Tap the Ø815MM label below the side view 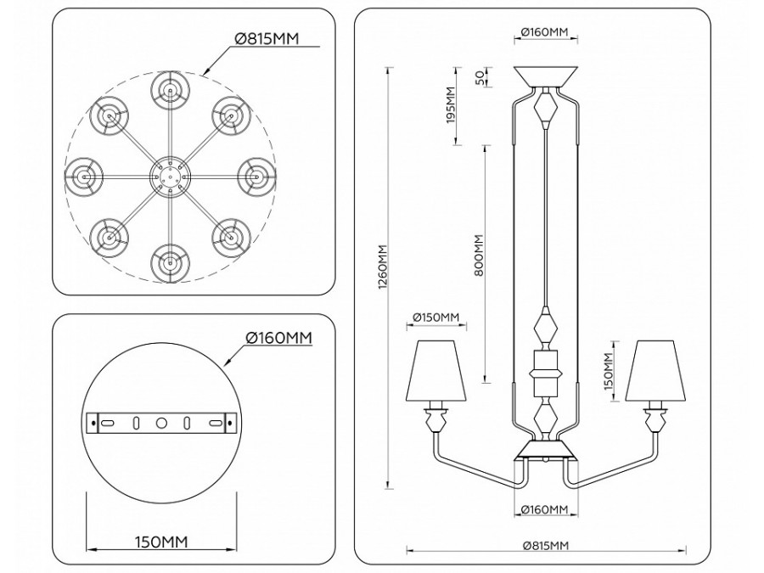[x=547, y=545]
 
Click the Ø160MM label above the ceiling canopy [x=547, y=32]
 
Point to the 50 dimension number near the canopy [x=479, y=77]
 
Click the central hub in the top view [x=169, y=176]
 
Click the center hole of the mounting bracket [x=160, y=422]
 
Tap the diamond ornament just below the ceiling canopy [x=547, y=107]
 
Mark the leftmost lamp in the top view [x=83, y=176]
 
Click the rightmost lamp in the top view [x=255, y=176]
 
